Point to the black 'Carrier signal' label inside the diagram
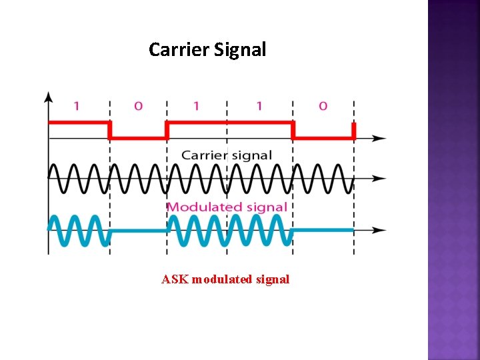click(227, 155)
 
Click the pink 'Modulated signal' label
click(227, 207)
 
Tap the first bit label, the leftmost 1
click(76, 105)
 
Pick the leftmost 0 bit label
click(138, 105)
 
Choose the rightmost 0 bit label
click(323, 105)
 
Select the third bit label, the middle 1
click(196, 105)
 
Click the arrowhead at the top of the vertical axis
click(48, 97)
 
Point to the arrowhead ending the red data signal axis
click(380, 138)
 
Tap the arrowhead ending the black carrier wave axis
click(380, 179)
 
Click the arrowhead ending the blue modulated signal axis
click(380, 231)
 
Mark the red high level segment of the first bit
click(79, 123)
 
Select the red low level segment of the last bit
click(323, 138)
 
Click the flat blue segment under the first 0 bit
click(138, 230)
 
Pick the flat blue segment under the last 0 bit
click(323, 230)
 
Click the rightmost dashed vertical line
click(354, 200)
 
